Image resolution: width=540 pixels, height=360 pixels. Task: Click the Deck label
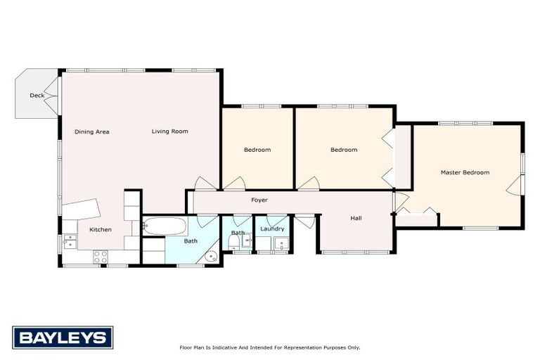pyautogui.click(x=37, y=96)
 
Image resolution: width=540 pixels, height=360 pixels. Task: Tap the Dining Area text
pyautogui.click(x=92, y=131)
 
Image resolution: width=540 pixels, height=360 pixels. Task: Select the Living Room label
pyautogui.click(x=169, y=131)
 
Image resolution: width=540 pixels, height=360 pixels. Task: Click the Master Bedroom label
pyautogui.click(x=465, y=172)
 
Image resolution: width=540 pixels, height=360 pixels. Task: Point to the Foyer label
pyautogui.click(x=259, y=200)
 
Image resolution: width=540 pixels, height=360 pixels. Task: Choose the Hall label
pyautogui.click(x=356, y=218)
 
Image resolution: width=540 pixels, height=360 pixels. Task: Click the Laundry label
pyautogui.click(x=272, y=229)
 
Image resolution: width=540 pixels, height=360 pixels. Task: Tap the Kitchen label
pyautogui.click(x=100, y=230)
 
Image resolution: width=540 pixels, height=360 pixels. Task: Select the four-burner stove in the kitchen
pyautogui.click(x=100, y=257)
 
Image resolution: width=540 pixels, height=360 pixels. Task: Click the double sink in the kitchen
pyautogui.click(x=69, y=241)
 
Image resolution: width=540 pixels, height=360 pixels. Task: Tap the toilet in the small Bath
pyautogui.click(x=233, y=243)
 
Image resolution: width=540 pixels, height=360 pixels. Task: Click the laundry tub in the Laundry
pyautogui.click(x=281, y=244)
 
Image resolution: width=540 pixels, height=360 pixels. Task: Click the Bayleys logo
pyautogui.click(x=62, y=337)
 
